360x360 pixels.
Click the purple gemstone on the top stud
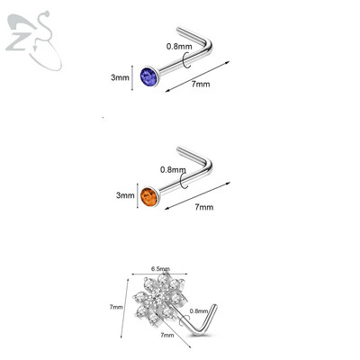148,76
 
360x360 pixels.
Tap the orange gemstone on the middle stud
149,197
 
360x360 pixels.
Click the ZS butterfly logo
33,40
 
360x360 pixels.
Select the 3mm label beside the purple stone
120,77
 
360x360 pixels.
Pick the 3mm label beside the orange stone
125,195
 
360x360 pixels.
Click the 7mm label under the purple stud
201,84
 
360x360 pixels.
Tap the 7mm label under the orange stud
204,207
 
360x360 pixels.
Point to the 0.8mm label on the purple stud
179,47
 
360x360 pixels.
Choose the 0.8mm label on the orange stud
173,170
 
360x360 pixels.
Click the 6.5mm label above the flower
160,269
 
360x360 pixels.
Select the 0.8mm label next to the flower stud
199,311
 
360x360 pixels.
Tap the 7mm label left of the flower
116,307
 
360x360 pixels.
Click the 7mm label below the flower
167,335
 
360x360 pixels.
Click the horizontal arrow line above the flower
159,274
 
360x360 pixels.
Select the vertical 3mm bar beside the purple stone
132,77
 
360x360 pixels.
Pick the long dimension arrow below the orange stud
197,195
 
